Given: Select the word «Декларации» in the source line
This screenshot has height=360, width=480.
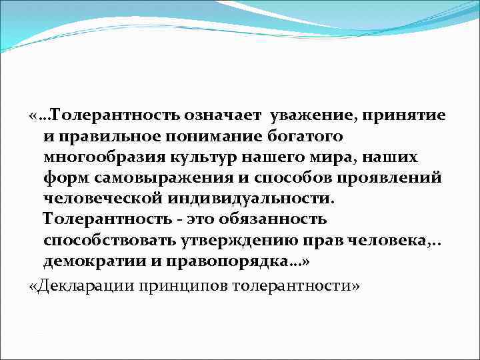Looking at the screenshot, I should (80, 285).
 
